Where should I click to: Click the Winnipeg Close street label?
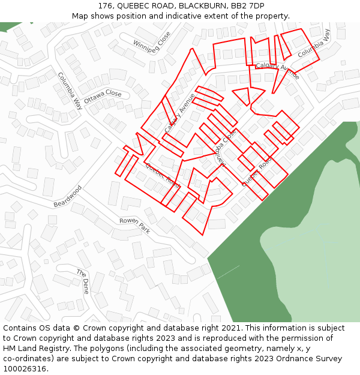[x=152, y=42]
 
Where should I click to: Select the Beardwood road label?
[x=67, y=196]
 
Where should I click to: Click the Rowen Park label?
[x=134, y=225]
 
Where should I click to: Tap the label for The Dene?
[x=82, y=281]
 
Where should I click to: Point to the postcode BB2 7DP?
[x=248, y=6]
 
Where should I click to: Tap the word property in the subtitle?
[x=272, y=16]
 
